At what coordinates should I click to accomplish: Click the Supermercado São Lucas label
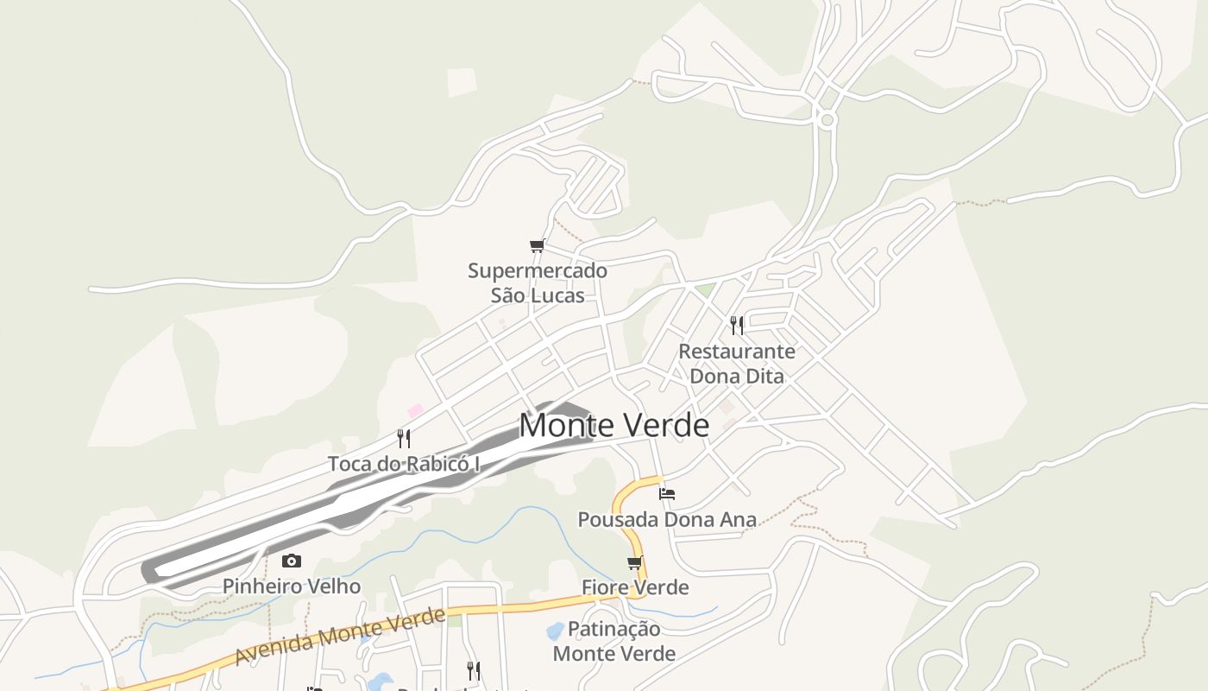pos(538,282)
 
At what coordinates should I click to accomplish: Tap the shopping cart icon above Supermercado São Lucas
pos(538,246)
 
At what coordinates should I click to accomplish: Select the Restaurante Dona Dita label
pos(737,364)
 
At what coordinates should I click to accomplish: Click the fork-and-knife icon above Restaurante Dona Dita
pos(737,325)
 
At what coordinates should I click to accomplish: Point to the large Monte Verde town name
pos(613,425)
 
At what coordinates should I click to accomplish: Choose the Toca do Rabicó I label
pos(404,464)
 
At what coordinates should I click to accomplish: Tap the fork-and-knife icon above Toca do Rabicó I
pos(404,438)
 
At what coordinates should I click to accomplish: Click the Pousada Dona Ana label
pos(666,519)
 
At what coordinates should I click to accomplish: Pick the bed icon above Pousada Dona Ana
pos(666,494)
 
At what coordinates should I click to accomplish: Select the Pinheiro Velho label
pos(292,586)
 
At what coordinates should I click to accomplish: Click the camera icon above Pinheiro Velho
pos(292,561)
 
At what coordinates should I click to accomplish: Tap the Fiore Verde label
pos(635,587)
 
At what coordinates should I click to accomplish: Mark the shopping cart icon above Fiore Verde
pos(635,563)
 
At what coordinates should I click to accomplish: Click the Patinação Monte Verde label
pos(614,641)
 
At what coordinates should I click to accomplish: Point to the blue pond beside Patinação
pos(555,631)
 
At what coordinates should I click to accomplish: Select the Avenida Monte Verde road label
pos(340,637)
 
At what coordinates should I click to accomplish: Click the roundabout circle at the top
pos(827,120)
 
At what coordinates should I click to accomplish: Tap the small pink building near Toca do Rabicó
pos(416,410)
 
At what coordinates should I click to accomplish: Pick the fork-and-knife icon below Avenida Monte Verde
pos(473,670)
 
